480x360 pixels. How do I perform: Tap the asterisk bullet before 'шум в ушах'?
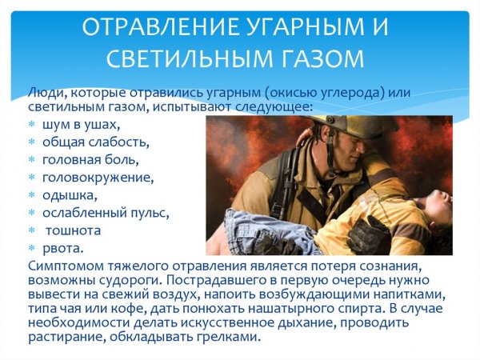(x=32, y=125)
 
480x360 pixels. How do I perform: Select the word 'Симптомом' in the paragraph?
(x=64, y=266)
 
